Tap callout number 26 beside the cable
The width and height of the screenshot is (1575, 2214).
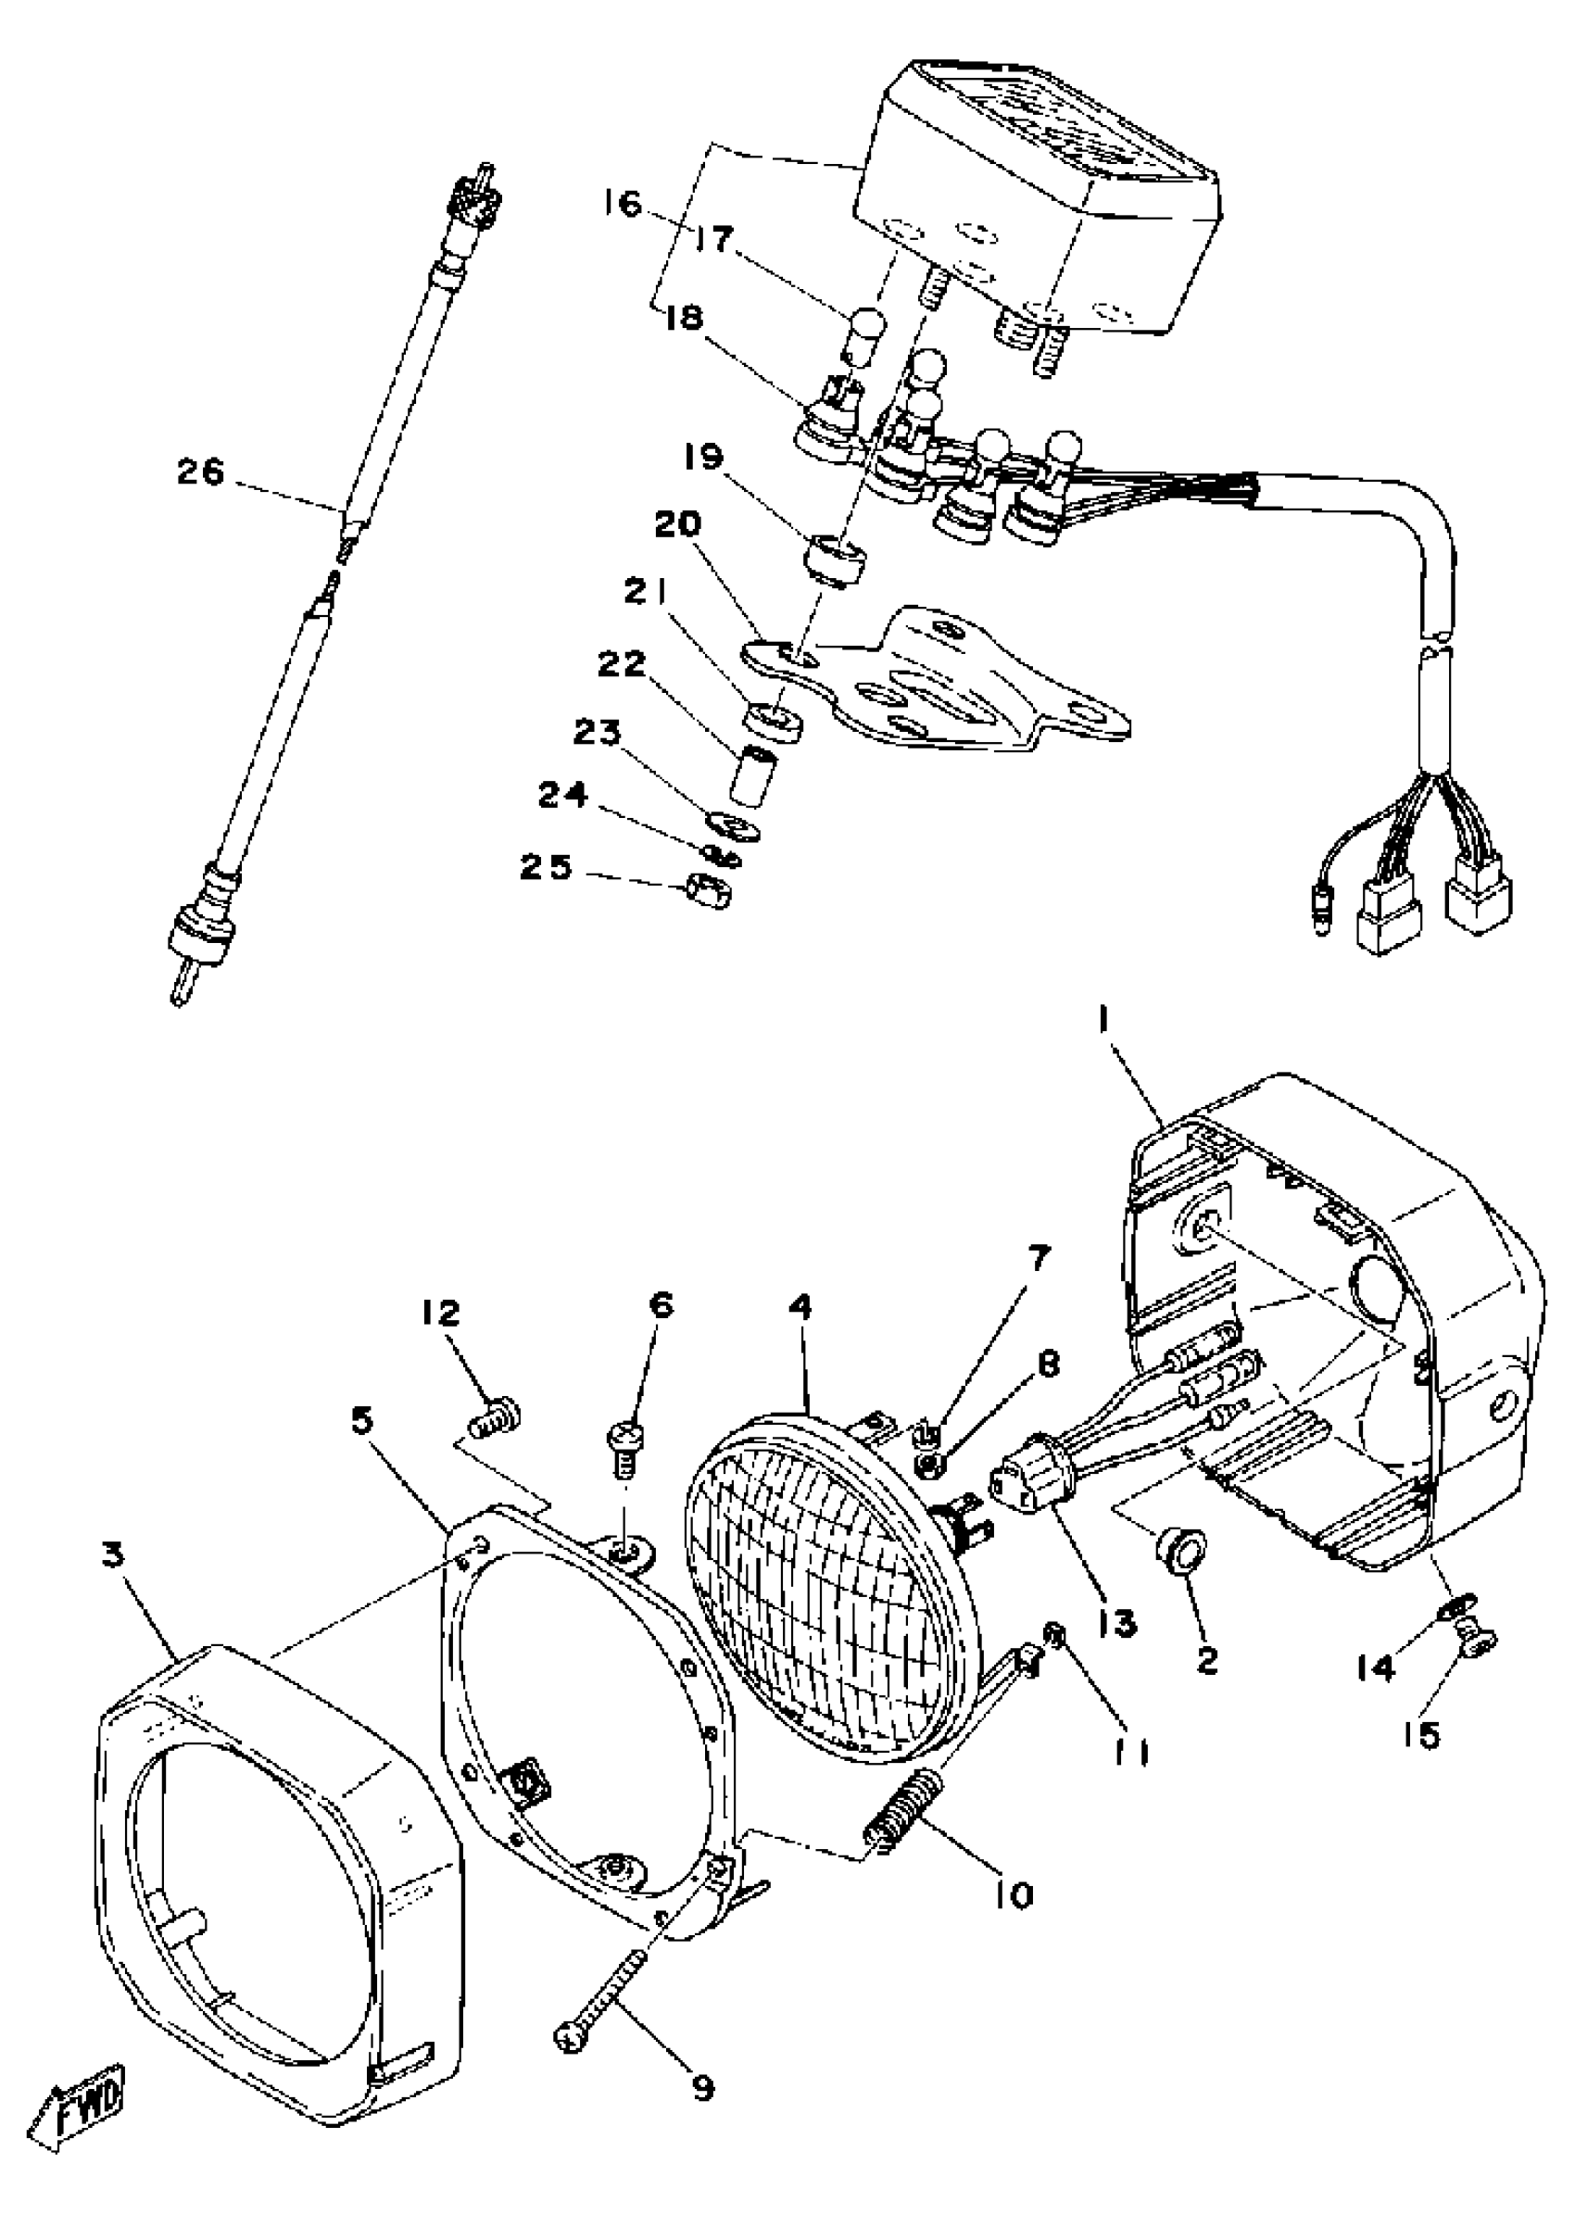point(200,473)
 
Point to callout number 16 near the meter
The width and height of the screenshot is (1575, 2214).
point(626,205)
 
